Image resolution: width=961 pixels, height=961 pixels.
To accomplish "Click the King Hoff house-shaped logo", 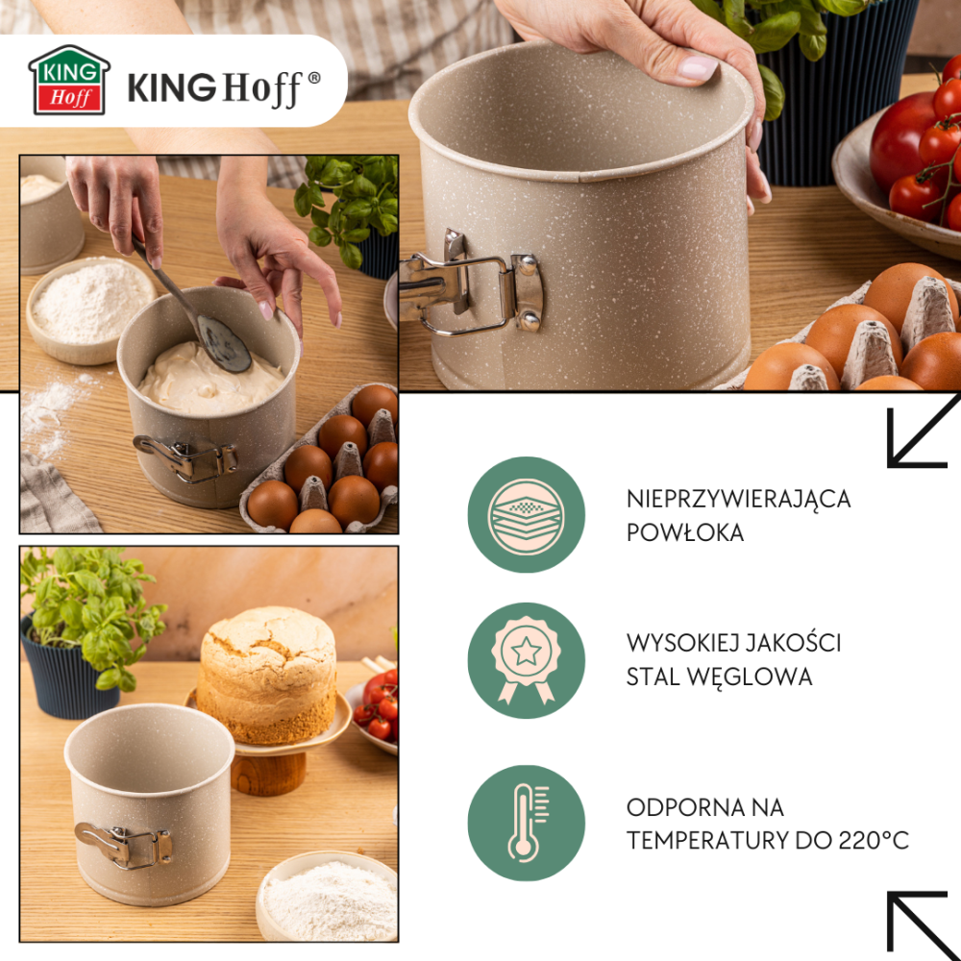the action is pos(69,80).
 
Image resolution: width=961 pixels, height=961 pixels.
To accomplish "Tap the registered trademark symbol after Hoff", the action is pos(314,78).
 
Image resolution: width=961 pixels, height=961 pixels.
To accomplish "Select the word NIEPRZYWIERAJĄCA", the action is pos(738,500).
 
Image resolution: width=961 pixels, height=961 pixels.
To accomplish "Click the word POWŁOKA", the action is pos(684,532).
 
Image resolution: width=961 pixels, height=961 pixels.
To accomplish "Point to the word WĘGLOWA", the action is pos(750,678).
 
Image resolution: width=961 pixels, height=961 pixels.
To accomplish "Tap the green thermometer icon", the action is pos(526,823).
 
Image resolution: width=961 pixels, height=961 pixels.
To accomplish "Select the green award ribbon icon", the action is pos(526,660).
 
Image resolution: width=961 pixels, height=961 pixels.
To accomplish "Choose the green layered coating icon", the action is pos(526,514).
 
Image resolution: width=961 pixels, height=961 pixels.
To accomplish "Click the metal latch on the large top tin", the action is pos(471,283).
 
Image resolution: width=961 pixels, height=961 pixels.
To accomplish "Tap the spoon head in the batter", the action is pos(223,344).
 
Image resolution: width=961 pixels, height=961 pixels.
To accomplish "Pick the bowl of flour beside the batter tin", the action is pos(90,309).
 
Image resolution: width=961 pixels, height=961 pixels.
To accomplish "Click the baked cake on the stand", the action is pos(267,675).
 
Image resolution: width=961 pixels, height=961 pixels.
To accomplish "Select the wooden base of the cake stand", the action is pos(268,774).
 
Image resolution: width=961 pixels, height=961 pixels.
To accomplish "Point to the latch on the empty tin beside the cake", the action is pos(124,845).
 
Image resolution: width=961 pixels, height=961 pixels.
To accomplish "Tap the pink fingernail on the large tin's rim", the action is pos(698,67).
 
